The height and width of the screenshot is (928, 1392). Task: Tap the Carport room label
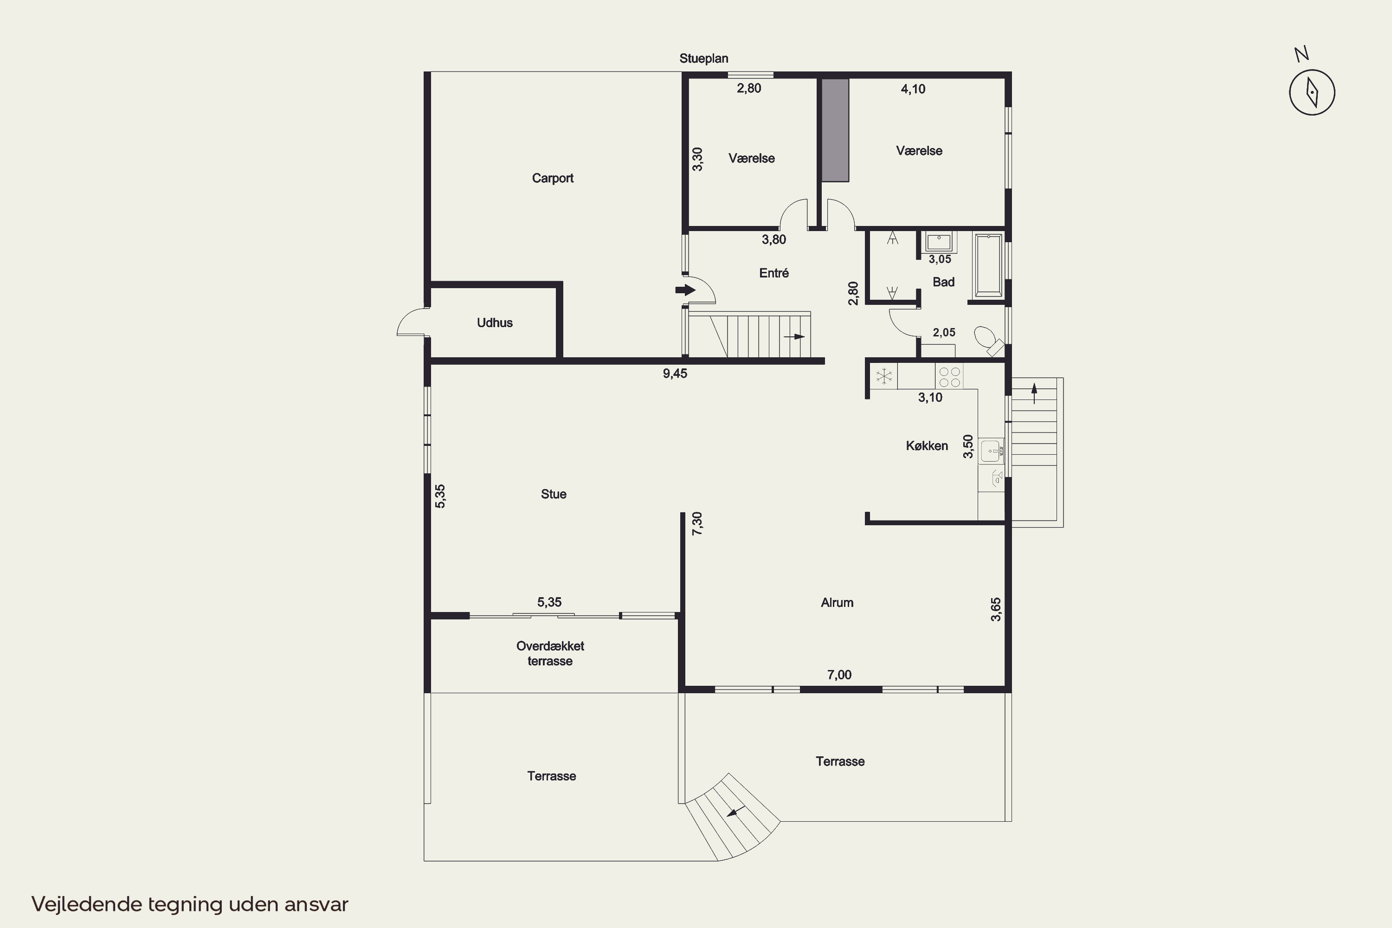[553, 178]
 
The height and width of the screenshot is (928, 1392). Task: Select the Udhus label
[495, 322]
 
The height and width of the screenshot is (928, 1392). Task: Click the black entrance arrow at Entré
[685, 290]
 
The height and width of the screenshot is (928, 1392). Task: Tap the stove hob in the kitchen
[949, 377]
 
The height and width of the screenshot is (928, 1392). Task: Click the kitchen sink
[991, 451]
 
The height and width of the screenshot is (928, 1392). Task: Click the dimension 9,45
[675, 374]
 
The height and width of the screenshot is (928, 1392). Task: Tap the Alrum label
[837, 602]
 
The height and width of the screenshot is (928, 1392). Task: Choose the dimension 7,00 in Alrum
[839, 675]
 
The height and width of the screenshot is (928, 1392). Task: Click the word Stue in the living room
[554, 494]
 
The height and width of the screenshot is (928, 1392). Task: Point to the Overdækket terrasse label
[550, 653]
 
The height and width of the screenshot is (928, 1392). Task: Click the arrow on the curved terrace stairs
[736, 812]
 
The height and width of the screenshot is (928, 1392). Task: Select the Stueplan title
[704, 58]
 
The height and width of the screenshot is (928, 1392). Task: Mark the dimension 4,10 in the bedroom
[913, 89]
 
